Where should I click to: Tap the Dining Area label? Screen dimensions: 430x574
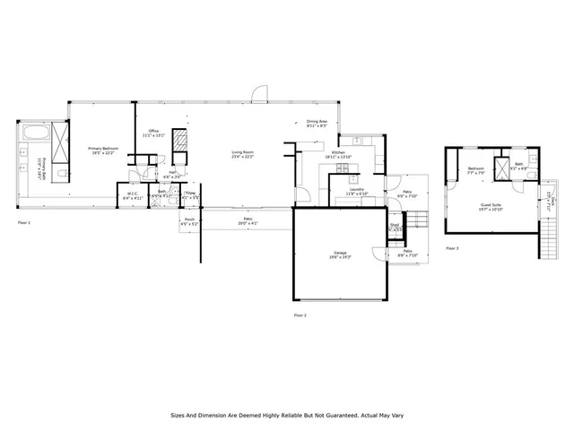click(317, 124)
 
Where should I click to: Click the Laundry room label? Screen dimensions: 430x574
click(355, 190)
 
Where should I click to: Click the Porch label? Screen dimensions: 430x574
click(189, 220)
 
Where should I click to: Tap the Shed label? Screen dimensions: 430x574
click(394, 227)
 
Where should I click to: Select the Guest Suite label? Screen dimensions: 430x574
click(491, 206)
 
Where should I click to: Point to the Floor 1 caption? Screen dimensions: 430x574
click(24, 222)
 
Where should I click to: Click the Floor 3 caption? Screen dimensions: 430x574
click(451, 248)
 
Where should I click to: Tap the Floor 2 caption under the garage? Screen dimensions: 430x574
click(300, 315)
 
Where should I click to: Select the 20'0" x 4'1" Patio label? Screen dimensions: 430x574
click(248, 220)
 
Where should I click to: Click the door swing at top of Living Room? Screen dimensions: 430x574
click(258, 93)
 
